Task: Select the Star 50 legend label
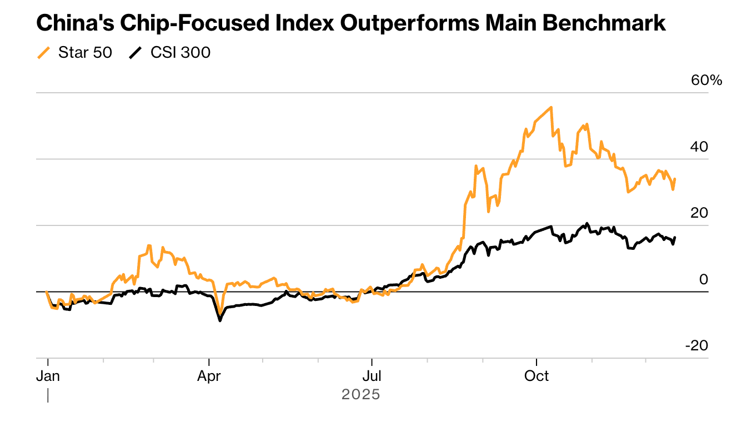tap(85, 53)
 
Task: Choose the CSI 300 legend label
tap(181, 53)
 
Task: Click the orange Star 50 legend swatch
tap(43, 53)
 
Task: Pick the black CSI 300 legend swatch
tap(136, 53)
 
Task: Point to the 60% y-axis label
tap(706, 81)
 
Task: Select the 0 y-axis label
tap(704, 279)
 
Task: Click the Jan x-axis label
tap(48, 376)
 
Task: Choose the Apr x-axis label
tap(209, 376)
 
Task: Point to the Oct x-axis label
tap(537, 376)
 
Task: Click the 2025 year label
tap(361, 395)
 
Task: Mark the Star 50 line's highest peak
tap(550, 107)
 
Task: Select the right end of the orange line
tap(675, 179)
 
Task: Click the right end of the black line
tap(675, 238)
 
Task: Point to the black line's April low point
tap(220, 320)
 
